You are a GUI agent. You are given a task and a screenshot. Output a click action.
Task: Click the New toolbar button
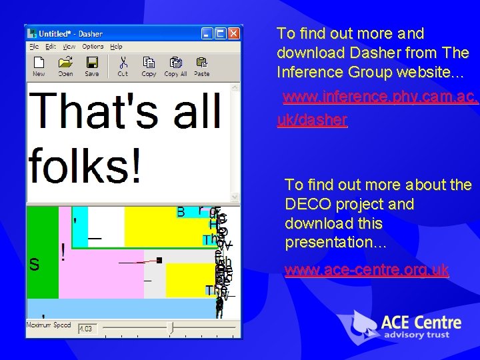[x=39, y=65]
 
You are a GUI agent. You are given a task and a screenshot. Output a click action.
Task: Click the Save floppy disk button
[x=92, y=65]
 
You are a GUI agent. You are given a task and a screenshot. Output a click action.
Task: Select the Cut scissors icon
[x=123, y=65]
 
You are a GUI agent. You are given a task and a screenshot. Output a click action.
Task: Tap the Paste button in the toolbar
[x=201, y=65]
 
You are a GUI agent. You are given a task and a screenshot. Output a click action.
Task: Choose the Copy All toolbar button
[x=175, y=65]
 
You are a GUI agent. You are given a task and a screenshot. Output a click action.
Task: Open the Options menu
[x=93, y=47]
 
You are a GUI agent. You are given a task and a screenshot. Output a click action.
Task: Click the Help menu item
[x=116, y=47]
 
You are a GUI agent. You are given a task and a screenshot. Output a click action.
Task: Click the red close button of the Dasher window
[x=233, y=33]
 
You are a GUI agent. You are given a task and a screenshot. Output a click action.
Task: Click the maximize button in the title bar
[x=221, y=33]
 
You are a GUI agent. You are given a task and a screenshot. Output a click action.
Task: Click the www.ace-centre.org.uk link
[x=367, y=271]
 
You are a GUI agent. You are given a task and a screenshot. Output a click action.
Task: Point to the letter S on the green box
[x=34, y=265]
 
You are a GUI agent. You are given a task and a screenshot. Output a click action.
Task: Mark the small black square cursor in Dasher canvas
[x=160, y=259]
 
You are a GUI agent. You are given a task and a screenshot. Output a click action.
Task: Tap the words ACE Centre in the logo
[x=421, y=323]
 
